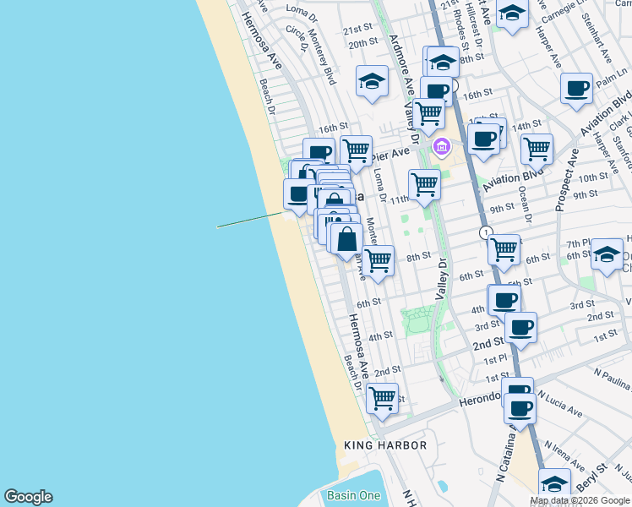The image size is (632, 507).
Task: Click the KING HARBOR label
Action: coord(385,444)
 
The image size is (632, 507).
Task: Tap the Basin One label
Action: coord(353,495)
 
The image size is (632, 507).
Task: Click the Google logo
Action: coord(28,497)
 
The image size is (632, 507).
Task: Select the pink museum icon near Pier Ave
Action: coord(441,148)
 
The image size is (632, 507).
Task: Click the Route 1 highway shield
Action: coord(486,232)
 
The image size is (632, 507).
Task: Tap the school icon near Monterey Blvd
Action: coord(372,82)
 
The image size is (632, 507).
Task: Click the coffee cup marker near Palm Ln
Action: coord(577,89)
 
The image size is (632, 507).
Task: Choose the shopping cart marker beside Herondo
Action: coord(383,397)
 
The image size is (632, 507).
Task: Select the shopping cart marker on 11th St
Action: coord(423,184)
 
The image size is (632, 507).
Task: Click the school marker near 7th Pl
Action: coord(607,253)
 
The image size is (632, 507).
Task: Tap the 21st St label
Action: coord(357,29)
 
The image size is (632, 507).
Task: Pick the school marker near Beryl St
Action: coord(554,484)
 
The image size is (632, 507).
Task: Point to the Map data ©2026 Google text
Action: coord(580,500)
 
